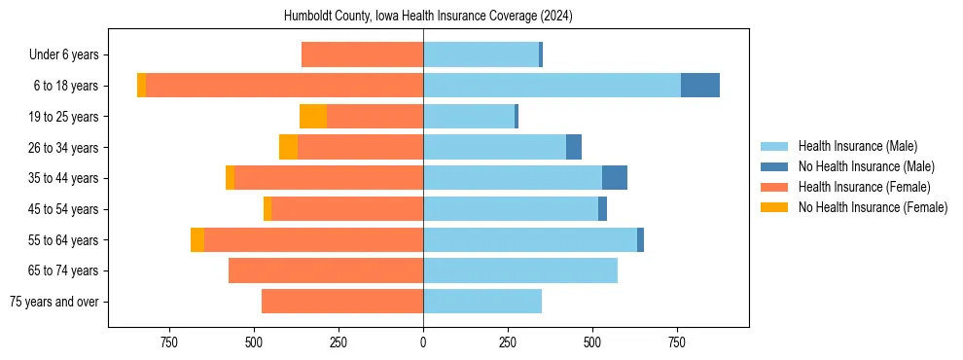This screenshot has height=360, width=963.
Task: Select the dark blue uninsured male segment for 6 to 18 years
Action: [700, 86]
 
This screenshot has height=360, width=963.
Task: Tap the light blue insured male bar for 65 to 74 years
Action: [520, 270]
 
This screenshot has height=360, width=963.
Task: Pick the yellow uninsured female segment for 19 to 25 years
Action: [313, 117]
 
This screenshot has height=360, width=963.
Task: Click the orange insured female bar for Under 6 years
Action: [362, 54]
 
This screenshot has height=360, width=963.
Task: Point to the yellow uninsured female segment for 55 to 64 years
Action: [197, 240]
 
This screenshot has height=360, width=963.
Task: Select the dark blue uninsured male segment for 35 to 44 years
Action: [615, 178]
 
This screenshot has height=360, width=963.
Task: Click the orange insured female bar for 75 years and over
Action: [342, 302]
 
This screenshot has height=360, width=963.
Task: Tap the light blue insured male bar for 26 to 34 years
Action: [494, 147]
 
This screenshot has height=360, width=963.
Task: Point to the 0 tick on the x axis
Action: [423, 342]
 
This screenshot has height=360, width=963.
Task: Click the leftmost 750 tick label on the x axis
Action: [169, 342]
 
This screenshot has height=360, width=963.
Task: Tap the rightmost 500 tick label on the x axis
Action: [592, 342]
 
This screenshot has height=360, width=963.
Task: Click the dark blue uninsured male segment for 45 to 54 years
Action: [602, 209]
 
